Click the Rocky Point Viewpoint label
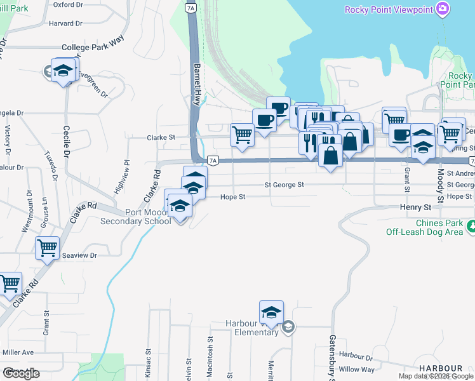(x=389, y=10)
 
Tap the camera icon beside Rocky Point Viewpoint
(x=443, y=9)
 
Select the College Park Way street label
(x=92, y=48)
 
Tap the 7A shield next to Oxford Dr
(x=190, y=8)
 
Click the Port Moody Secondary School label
(x=136, y=217)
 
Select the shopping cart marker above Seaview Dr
(x=48, y=249)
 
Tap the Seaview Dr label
(x=79, y=255)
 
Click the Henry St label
(x=415, y=207)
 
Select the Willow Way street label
(x=357, y=369)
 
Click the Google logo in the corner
(x=21, y=373)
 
